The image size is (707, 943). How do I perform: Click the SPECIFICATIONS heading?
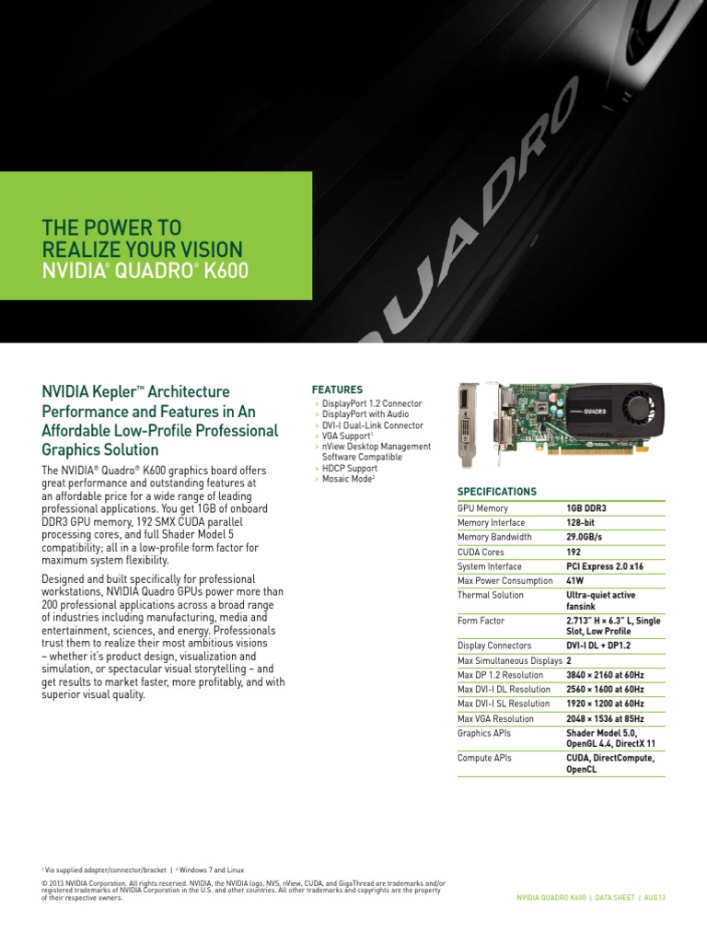pyautogui.click(x=496, y=492)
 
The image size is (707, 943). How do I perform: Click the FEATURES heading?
pyautogui.click(x=337, y=390)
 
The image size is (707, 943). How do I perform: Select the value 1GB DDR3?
pyautogui.click(x=586, y=508)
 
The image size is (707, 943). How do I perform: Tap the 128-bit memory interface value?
pyautogui.click(x=580, y=523)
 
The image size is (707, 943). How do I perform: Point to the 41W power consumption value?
pyautogui.click(x=574, y=580)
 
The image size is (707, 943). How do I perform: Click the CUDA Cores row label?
pyautogui.click(x=481, y=552)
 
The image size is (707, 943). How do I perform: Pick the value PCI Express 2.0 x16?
pyautogui.click(x=605, y=566)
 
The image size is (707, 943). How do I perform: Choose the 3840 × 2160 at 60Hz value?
pyautogui.click(x=605, y=675)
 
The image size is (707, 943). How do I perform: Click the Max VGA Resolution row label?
pyautogui.click(x=495, y=718)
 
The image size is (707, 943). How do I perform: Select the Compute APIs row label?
pyautogui.click(x=484, y=758)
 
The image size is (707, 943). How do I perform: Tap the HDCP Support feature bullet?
pyautogui.click(x=349, y=468)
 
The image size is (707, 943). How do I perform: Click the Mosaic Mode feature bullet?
pyautogui.click(x=348, y=479)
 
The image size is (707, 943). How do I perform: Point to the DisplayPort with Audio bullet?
pyautogui.click(x=365, y=413)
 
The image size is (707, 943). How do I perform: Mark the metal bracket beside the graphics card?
pyautogui.click(x=469, y=425)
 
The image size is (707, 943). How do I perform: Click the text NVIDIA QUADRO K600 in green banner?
pyautogui.click(x=145, y=271)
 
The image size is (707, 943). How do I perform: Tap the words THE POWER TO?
pyautogui.click(x=111, y=227)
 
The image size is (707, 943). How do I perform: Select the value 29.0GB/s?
pyautogui.click(x=584, y=537)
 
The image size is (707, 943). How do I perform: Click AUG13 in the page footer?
pyautogui.click(x=655, y=897)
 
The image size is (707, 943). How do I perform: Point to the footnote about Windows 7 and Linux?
pyautogui.click(x=210, y=869)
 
